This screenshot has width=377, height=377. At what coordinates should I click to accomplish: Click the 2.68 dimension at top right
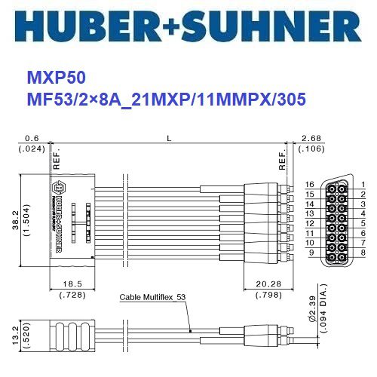(x=311, y=138)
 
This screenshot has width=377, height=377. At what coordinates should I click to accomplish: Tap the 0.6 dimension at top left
(x=32, y=138)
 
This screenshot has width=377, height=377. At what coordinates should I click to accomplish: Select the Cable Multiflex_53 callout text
(x=153, y=298)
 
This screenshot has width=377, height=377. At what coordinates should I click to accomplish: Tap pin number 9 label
(x=310, y=253)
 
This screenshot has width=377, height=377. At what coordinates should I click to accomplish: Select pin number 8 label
(x=363, y=253)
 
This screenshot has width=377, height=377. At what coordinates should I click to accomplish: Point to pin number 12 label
(x=308, y=224)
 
